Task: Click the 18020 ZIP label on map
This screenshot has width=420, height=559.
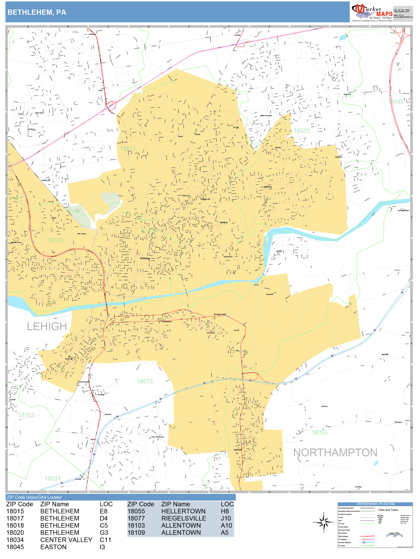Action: [x=301, y=131]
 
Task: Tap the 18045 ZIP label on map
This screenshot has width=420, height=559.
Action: [x=395, y=102]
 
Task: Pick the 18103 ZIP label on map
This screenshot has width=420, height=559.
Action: [x=26, y=415]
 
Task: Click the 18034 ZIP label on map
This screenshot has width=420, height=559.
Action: [x=53, y=478]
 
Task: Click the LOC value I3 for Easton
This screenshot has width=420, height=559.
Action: [x=102, y=547]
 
